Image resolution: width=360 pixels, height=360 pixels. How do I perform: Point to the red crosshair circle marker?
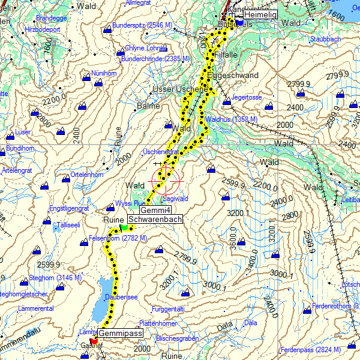(x=164, y=179)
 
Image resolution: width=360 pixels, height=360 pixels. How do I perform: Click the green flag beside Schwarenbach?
(x=124, y=227)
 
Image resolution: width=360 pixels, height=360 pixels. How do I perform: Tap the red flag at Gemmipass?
(x=94, y=340)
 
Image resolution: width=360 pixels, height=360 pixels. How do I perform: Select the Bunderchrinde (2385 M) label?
(x=155, y=59)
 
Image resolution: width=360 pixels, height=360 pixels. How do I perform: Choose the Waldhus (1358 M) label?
(x=231, y=119)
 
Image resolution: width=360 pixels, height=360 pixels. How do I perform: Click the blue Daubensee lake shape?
(x=102, y=300)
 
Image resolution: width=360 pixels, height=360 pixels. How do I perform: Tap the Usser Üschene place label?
(x=179, y=89)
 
